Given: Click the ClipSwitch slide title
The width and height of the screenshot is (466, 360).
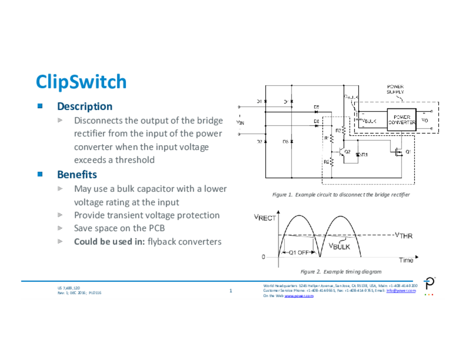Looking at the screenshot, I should tap(81, 82).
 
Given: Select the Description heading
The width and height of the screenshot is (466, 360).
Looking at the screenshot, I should tap(85, 106).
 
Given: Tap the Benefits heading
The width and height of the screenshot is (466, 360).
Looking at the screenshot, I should tap(77, 175).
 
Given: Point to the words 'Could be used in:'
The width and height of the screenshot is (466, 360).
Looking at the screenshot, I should tap(109, 242).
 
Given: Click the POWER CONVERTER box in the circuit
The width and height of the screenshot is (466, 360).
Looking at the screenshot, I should tap(402, 120).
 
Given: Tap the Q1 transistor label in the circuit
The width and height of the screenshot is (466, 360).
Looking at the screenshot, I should tap(408, 152).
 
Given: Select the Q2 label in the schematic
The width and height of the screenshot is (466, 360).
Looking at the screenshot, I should tap(347, 152).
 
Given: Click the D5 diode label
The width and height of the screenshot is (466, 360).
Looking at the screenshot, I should tap(316, 107).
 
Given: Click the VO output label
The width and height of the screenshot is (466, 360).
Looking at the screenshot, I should tap(425, 121).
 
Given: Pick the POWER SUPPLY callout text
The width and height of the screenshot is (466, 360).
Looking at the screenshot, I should tap(395, 89).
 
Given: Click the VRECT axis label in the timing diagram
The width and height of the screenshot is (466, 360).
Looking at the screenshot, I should tap(265, 218).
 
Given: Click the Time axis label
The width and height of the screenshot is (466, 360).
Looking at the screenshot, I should tap(406, 260).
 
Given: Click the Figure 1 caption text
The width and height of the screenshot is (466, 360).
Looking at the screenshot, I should tap(341, 195).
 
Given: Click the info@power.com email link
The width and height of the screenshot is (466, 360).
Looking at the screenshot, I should tap(401, 290).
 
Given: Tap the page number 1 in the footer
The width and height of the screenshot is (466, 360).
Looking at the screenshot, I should tap(231, 291).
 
